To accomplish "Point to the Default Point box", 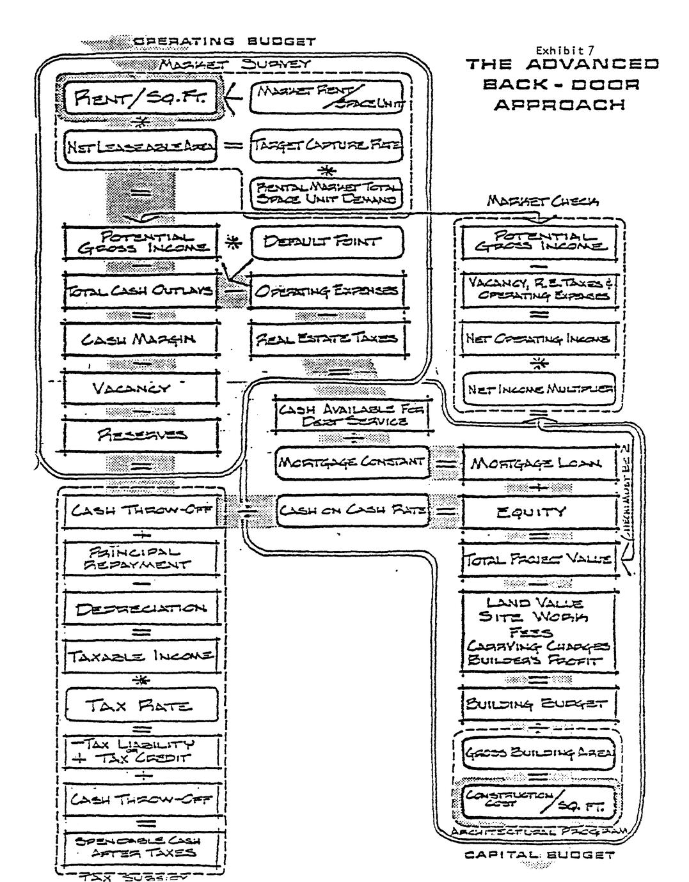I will [327, 242].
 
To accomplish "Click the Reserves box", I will [141, 436].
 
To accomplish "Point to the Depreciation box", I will [141, 608].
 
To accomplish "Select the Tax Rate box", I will [141, 706].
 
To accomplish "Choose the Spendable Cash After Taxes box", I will [141, 847].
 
